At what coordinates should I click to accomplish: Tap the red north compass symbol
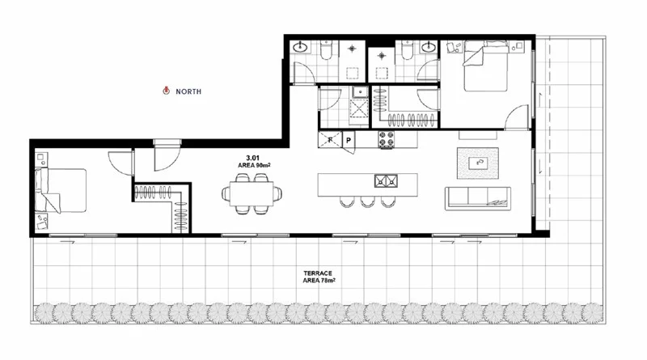pyautogui.click(x=166, y=91)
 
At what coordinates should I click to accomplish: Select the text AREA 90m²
pyautogui.click(x=253, y=165)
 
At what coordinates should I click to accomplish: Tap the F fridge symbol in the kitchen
pyautogui.click(x=330, y=140)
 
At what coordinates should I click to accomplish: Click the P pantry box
pyautogui.click(x=348, y=140)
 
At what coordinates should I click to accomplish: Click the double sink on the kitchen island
pyautogui.click(x=386, y=180)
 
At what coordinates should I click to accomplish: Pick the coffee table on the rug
pyautogui.click(x=480, y=162)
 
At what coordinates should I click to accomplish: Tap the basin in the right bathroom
pyautogui.click(x=428, y=48)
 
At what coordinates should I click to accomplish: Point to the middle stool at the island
pyautogui.click(x=368, y=201)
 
